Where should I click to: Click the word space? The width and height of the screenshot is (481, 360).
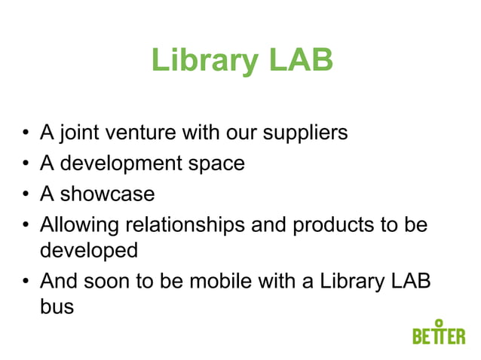219,163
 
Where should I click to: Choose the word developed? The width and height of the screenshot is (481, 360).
88,249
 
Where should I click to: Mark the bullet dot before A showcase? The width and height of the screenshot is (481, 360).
26,195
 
